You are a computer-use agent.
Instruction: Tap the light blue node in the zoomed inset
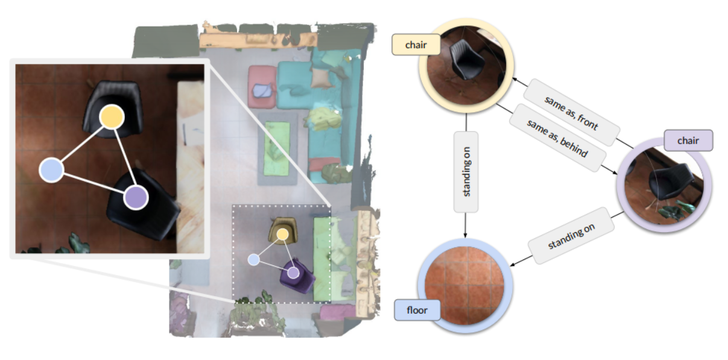pos(51,169)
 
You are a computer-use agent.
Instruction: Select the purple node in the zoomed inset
pos(136,197)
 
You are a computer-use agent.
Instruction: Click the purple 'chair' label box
pos(688,141)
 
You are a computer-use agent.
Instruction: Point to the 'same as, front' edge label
pos(571,112)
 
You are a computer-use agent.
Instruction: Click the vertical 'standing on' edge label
pos(465,171)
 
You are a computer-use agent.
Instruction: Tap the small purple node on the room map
pos(293,273)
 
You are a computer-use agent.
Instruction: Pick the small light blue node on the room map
pos(254,260)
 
